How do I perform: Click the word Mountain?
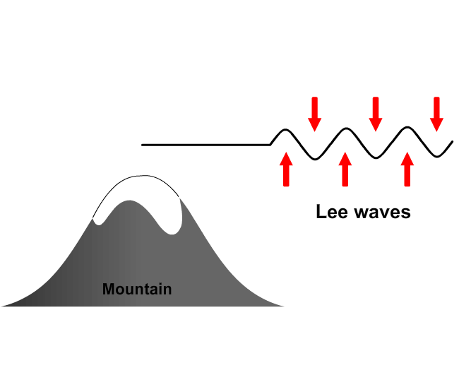[x=137, y=289]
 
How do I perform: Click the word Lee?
[x=332, y=211]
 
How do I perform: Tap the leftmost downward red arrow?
[x=314, y=113]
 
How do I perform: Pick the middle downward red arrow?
[x=376, y=113]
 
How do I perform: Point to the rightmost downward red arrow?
[x=436, y=113]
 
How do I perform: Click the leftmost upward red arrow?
[x=285, y=169]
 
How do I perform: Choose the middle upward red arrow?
[x=345, y=169]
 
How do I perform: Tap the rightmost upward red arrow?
[x=407, y=169]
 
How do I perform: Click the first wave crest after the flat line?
[x=285, y=130]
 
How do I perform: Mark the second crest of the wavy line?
[x=346, y=129]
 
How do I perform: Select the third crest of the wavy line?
[x=407, y=129]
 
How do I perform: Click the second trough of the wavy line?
[x=376, y=157]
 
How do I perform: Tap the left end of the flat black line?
[x=143, y=145]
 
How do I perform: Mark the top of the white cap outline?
[x=138, y=177]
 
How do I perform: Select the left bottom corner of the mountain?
[x=4, y=306]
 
